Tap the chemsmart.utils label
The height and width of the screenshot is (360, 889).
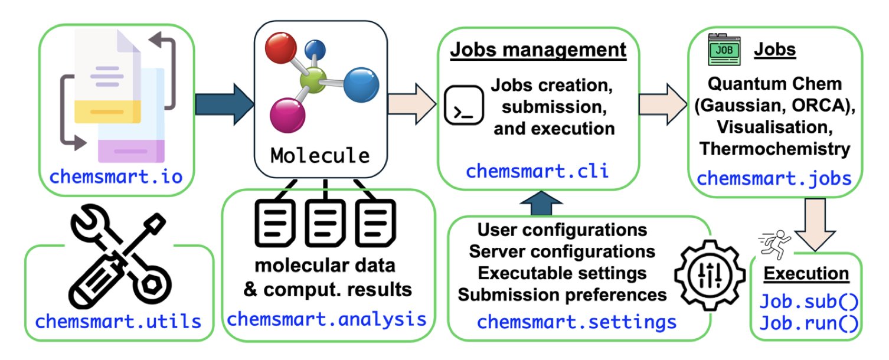pos(118,322)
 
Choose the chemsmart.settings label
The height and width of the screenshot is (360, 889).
pos(577,322)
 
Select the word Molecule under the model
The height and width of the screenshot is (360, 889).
pos(320,155)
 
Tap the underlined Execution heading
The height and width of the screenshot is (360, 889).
pos(806,274)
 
